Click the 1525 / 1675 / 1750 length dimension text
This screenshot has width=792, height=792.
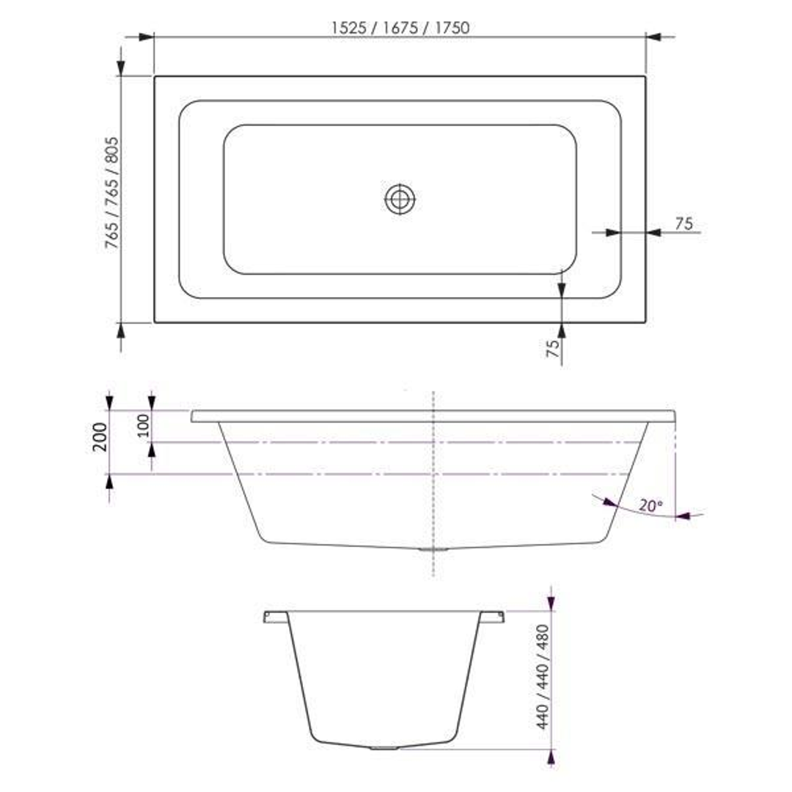tap(400, 28)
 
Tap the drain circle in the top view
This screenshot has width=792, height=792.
tap(400, 198)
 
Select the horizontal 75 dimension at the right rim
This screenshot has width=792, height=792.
tap(683, 224)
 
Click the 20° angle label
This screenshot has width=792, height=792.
tap(650, 505)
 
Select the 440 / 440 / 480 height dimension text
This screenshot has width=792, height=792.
tap(543, 676)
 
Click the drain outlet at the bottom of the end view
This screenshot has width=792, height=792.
tap(383, 749)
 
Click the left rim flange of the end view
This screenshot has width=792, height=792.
tap(274, 616)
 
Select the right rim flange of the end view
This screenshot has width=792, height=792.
tap(492, 616)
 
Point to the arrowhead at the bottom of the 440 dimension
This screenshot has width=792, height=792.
tap(551, 756)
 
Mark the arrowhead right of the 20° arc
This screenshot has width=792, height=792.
tap(683, 516)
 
